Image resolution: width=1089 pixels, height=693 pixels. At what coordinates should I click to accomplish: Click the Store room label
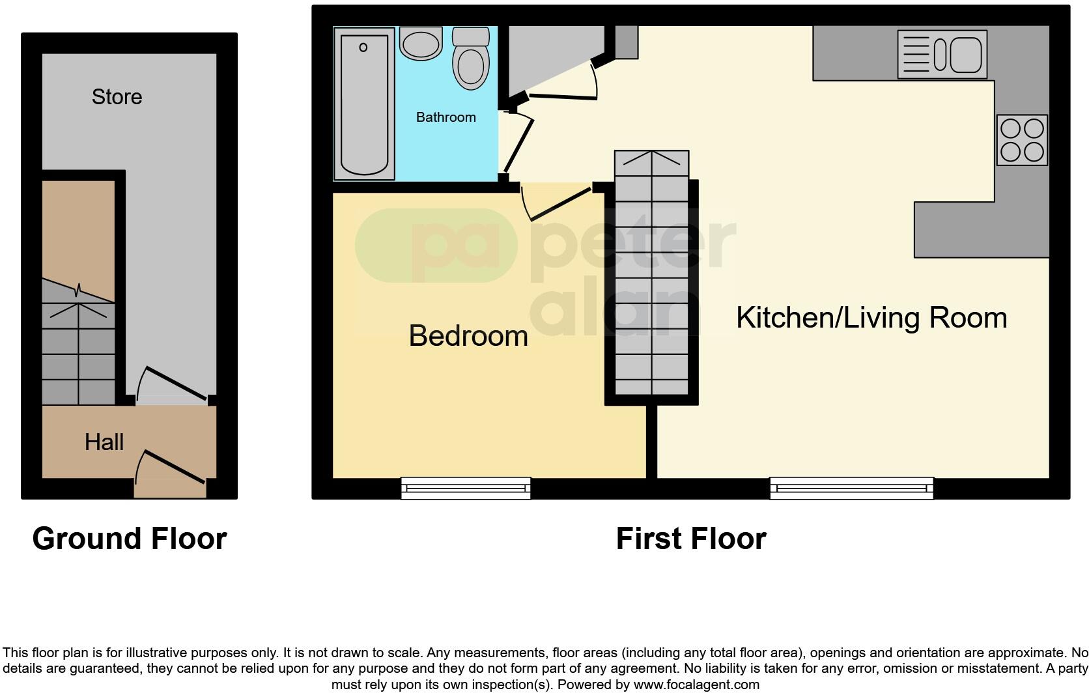pos(117,97)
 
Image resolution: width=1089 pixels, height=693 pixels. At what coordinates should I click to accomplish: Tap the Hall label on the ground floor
pos(104,442)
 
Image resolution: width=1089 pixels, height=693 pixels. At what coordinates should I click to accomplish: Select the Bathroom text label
pos(445,117)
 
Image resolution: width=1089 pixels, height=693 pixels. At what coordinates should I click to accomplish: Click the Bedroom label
pos(468,336)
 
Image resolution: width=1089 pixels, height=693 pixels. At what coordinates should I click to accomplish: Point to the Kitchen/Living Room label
pos(871,318)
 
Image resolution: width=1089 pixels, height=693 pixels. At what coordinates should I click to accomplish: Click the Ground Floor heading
pos(130,539)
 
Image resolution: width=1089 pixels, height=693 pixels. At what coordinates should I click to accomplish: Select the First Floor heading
pos(690,539)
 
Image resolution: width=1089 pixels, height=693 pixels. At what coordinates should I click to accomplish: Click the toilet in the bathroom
pos(470,59)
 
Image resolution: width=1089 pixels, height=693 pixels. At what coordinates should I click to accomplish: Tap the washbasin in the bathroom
pos(421,44)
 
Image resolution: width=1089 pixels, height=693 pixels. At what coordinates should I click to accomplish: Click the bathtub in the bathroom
pos(364,104)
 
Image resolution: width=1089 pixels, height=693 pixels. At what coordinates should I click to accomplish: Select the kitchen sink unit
pos(942,55)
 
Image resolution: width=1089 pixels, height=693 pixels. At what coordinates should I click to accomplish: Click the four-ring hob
pos(1022,140)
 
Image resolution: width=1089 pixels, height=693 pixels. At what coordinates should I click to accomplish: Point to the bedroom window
pos(466,488)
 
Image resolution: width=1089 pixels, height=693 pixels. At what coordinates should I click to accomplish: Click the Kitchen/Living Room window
pos(851,488)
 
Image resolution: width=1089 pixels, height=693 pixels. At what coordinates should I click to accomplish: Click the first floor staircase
pos(651,274)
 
